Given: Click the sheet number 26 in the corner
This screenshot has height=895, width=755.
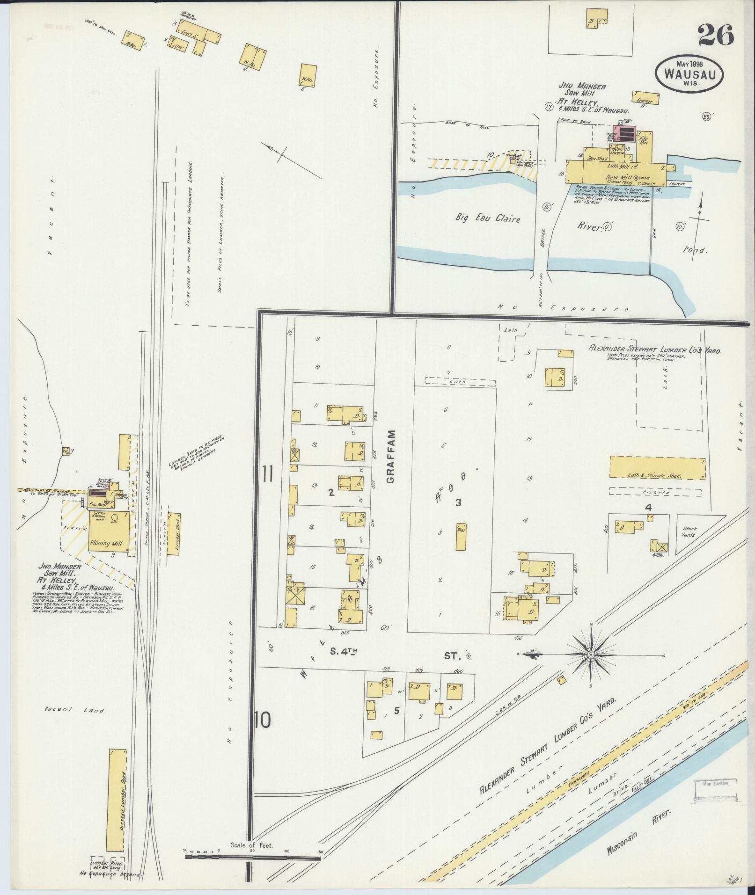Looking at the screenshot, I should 716,35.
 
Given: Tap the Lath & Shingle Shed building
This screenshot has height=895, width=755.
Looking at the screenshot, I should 657,468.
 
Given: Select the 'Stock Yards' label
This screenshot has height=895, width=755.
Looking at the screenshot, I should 688,532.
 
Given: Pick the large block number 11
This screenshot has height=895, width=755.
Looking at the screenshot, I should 267,474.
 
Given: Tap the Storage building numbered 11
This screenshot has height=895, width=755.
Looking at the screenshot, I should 646,98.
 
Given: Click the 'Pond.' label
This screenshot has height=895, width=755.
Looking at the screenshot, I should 695,250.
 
